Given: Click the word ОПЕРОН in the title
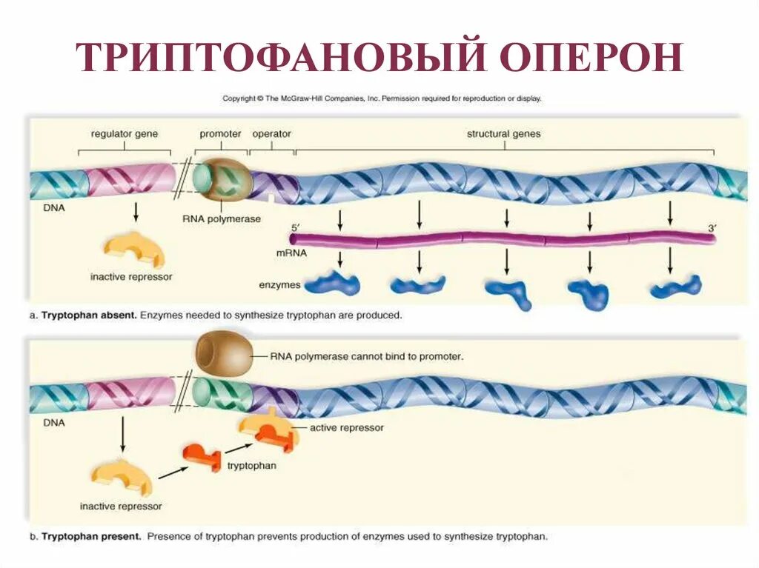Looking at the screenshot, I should click(590, 56).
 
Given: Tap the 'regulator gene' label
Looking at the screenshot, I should click(125, 134).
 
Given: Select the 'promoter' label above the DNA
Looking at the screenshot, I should click(220, 134).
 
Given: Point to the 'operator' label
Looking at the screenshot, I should click(271, 134).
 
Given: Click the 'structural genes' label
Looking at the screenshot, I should click(503, 134).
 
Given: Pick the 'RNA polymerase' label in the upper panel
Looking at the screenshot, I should click(222, 219).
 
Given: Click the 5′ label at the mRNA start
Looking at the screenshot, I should click(294, 228).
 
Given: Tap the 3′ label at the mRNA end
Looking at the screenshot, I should click(712, 228).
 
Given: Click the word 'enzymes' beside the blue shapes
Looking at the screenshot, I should click(279, 284).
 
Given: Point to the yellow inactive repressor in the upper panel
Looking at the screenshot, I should click(134, 250).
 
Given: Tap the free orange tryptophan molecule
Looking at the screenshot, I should click(203, 458).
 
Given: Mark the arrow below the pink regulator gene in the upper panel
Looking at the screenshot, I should click(136, 212).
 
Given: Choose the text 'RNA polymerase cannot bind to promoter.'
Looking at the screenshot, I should click(366, 356).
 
